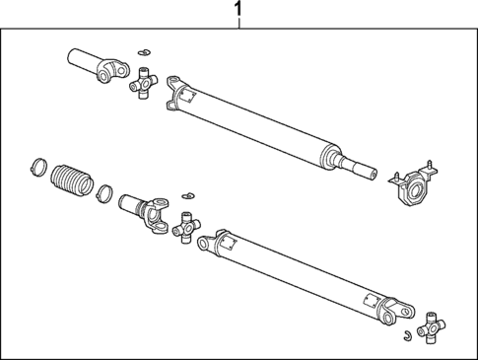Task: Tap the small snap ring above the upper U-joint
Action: tap(143, 54)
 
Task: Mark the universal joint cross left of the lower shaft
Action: tap(184, 229)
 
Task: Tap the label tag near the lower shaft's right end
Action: tap(368, 300)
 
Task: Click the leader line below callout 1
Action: tap(237, 23)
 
